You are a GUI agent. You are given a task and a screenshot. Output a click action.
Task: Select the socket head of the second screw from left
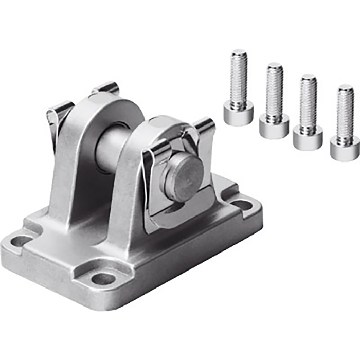[x=274, y=125]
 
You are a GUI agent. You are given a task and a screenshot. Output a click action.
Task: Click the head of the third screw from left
[x=308, y=137]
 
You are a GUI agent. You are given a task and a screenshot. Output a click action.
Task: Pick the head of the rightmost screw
[x=344, y=148]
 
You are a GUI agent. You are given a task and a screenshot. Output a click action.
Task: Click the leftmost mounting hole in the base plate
[x=22, y=240]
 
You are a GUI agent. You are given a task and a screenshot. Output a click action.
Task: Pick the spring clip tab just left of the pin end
[x=156, y=154]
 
